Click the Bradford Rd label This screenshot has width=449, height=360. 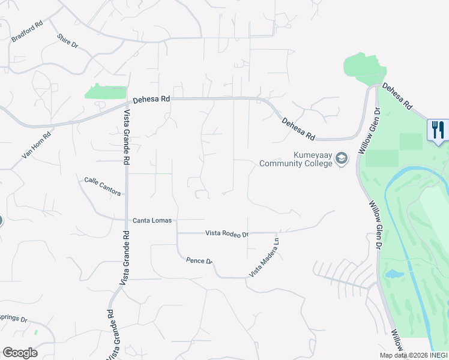pyautogui.click(x=28, y=32)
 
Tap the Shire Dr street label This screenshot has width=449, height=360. pyautogui.click(x=67, y=40)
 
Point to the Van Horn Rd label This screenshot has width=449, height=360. pyautogui.click(x=37, y=145)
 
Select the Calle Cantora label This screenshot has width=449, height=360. pyautogui.click(x=103, y=187)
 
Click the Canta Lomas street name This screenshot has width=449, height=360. pyautogui.click(x=152, y=221)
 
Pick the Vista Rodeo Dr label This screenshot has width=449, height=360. pyautogui.click(x=227, y=233)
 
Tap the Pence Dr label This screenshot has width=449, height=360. pyautogui.click(x=199, y=261)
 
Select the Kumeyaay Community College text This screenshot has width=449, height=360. pyautogui.click(x=295, y=159)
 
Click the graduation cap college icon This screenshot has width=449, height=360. pyautogui.click(x=342, y=158)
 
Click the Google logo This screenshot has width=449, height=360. pyautogui.click(x=20, y=353)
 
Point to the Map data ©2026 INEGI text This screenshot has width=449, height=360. pyautogui.click(x=414, y=355)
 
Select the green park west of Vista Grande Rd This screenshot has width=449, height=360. pyautogui.click(x=106, y=92)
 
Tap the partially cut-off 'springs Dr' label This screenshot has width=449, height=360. pyautogui.click(x=13, y=319)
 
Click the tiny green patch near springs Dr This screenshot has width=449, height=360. pyautogui.click(x=36, y=331)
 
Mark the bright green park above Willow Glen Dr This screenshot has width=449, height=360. pyautogui.click(x=363, y=68)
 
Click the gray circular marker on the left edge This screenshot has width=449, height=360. pyautogui.click(x=1, y=221)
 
